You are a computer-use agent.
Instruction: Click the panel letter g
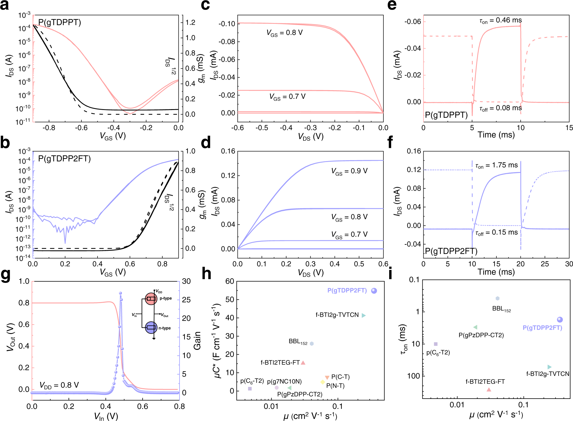[6, 275]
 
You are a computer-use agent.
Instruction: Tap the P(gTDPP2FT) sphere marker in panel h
[374, 291]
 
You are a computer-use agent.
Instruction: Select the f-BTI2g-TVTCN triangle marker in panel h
[363, 315]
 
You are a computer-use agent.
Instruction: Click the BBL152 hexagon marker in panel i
[497, 298]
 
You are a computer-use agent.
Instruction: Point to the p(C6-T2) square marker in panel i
[436, 344]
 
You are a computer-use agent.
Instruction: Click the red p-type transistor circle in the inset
[151, 299]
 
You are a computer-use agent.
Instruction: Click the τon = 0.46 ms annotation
[500, 20]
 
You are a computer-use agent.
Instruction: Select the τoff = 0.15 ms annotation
[496, 232]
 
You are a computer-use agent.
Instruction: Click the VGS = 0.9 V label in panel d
[349, 171]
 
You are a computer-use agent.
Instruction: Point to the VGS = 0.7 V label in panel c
[287, 97]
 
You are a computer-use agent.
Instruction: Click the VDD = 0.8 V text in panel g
[59, 385]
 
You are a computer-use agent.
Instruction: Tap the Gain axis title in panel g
[197, 341]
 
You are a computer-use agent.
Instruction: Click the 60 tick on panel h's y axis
[230, 281]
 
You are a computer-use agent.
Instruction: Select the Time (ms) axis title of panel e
[496, 135]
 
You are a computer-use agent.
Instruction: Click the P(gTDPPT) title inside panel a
[60, 22]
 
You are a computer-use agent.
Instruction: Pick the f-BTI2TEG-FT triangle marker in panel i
[489, 389]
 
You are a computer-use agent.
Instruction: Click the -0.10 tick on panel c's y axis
[227, 24]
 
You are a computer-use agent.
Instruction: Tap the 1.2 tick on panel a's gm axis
[190, 22]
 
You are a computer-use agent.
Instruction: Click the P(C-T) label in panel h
[340, 377]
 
